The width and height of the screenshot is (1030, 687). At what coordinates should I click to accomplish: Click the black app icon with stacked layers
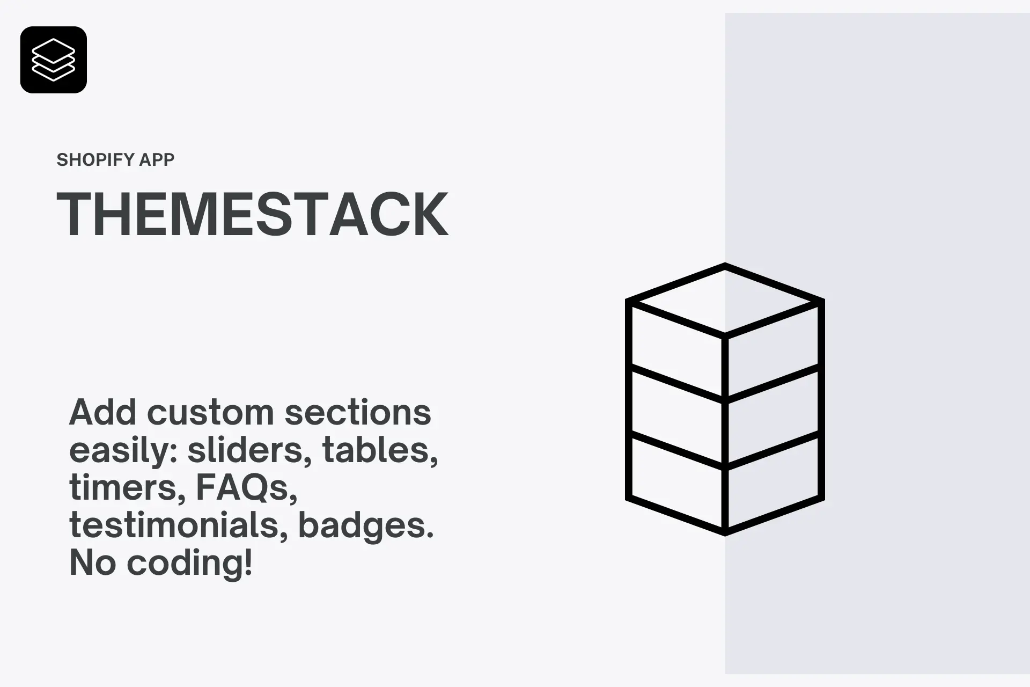point(54,60)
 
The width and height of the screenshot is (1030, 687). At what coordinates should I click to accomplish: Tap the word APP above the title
point(157,160)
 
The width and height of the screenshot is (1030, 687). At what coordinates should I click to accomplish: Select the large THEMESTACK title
point(252,214)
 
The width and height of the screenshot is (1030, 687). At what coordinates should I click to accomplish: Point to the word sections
point(358,412)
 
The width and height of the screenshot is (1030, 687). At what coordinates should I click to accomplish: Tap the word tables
point(380,450)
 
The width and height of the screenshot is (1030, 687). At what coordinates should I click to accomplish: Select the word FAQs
point(246,488)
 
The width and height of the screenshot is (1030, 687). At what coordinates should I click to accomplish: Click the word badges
point(365,526)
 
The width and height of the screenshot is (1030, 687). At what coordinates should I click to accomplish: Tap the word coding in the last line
point(189,564)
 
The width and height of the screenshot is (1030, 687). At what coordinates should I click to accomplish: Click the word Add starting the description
point(103,412)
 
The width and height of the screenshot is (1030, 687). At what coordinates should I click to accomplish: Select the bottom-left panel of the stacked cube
point(676,481)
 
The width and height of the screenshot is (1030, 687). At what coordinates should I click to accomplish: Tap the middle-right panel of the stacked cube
point(773,416)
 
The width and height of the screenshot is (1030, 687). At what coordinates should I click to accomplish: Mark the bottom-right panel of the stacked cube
point(773,481)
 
